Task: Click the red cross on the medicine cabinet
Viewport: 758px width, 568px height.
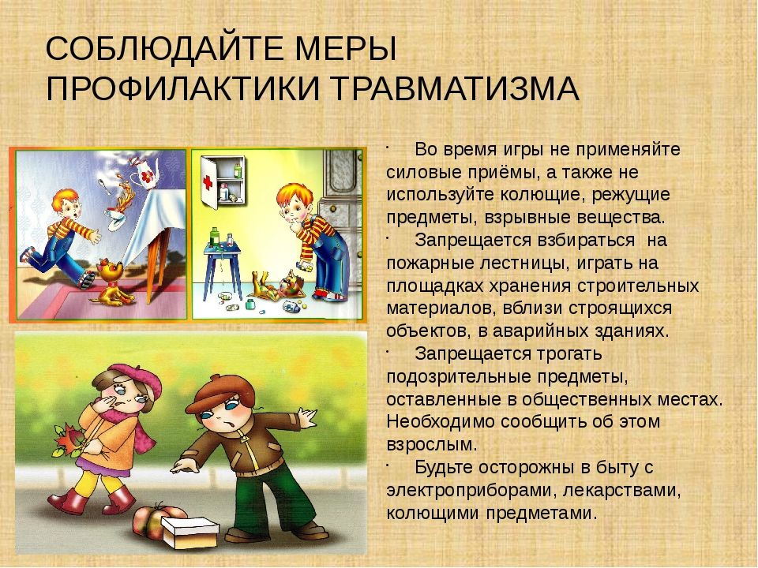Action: (x=208, y=182)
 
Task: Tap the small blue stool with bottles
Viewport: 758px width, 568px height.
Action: (x=222, y=270)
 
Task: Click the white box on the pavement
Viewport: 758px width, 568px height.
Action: (x=189, y=532)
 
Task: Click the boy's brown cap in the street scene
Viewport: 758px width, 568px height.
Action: (x=221, y=394)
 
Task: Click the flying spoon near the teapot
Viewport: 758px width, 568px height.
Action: (x=105, y=186)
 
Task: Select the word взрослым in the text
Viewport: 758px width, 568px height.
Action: (x=431, y=444)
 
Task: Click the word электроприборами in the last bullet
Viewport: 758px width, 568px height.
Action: (x=467, y=491)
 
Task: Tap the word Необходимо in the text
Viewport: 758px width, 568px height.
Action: (x=441, y=421)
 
